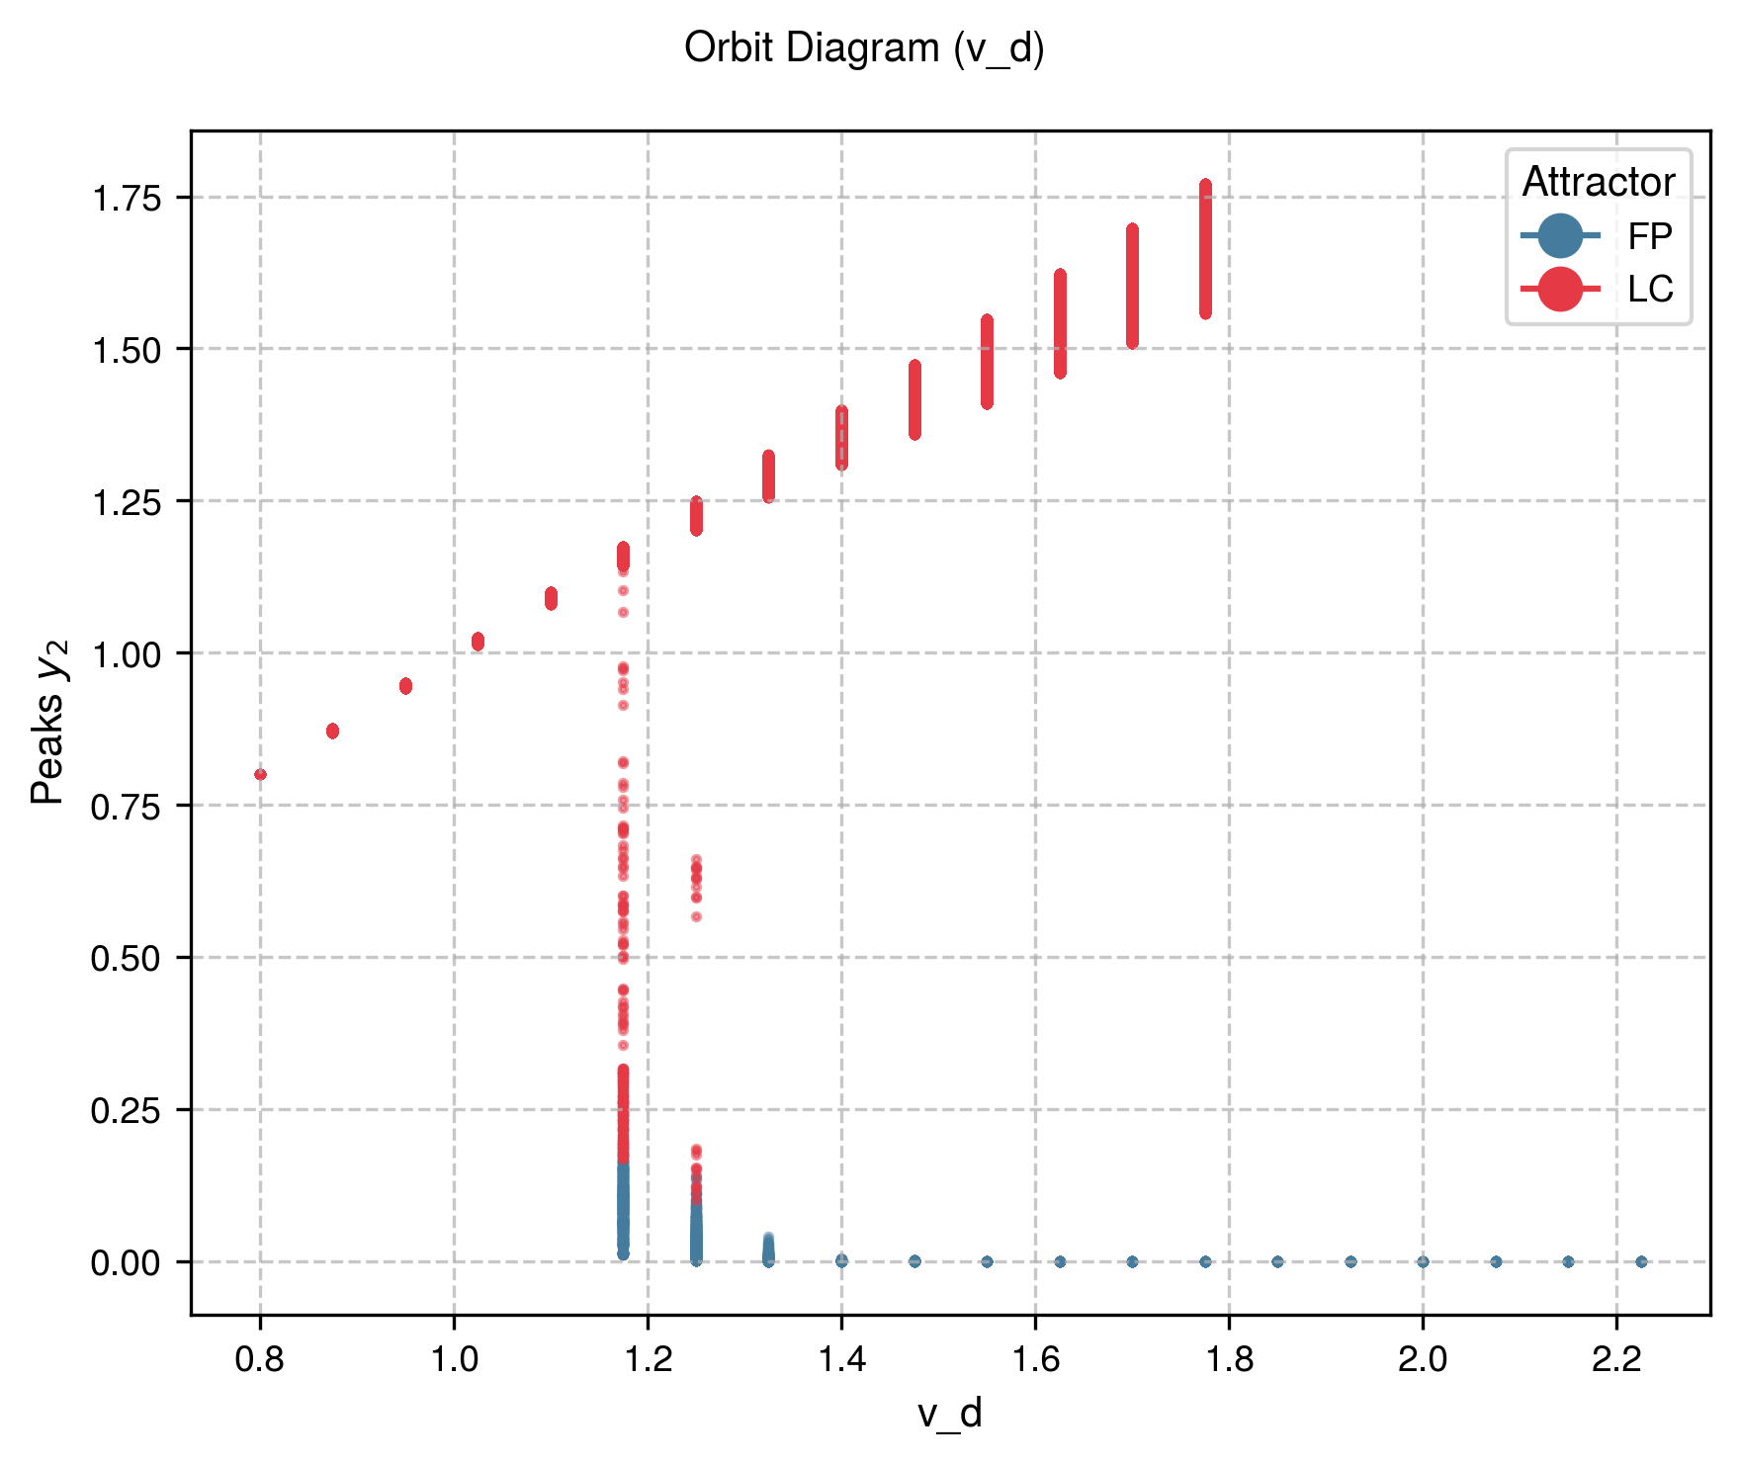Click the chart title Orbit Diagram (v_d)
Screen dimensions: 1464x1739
pos(864,47)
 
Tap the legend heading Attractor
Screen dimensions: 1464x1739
pos(1598,182)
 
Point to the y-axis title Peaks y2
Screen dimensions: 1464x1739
pos(49,722)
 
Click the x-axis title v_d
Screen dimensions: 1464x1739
pos(949,1414)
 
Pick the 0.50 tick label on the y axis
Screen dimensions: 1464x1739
pos(126,958)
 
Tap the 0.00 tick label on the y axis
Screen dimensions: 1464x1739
pos(126,1262)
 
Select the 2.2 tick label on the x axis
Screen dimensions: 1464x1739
pos(1616,1360)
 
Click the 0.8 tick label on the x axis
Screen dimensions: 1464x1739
pos(260,1360)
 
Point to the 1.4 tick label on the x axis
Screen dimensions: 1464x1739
pos(841,1360)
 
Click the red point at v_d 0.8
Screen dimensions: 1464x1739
pos(260,774)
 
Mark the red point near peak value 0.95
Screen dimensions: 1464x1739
pos(405,686)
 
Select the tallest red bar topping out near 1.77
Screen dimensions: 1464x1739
pos(1205,247)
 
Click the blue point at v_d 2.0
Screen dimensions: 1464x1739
pos(1423,1261)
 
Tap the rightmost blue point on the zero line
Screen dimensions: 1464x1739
pos(1641,1261)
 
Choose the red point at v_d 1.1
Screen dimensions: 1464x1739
pos(551,598)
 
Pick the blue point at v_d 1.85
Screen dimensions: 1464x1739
pos(1277,1261)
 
